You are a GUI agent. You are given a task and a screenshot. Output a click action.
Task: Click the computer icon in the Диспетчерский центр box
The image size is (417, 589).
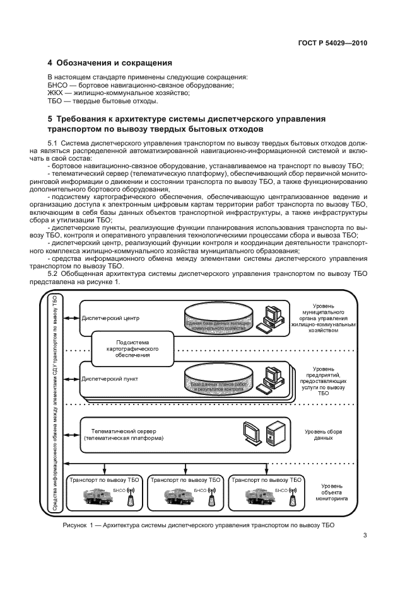274,318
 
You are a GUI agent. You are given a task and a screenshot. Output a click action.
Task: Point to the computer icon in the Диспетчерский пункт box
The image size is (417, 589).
274,380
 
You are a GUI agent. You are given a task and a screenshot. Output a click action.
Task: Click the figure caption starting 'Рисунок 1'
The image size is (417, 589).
198,524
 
